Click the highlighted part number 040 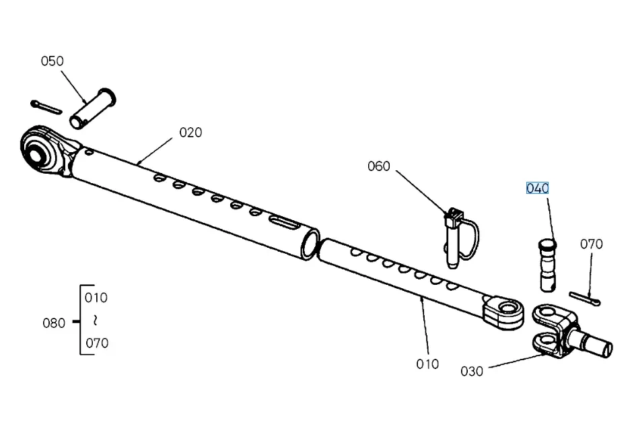coord(537,188)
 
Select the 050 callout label coord(52,61)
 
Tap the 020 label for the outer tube coord(190,133)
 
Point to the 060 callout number coord(378,166)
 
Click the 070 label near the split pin coord(591,244)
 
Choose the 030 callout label coord(472,371)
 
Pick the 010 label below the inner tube coord(427,364)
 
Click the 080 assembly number coord(54,323)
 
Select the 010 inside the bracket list coord(96,298)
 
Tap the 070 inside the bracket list coord(96,343)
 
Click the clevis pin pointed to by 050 coord(92,107)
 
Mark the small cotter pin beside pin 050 coord(46,107)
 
